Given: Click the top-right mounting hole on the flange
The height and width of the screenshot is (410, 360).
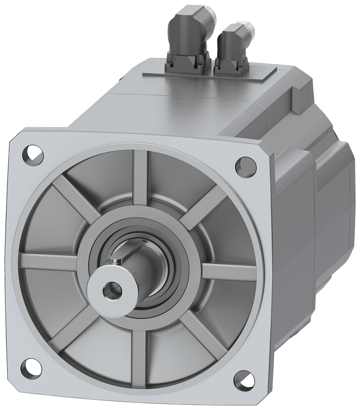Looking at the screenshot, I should point(242,165).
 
